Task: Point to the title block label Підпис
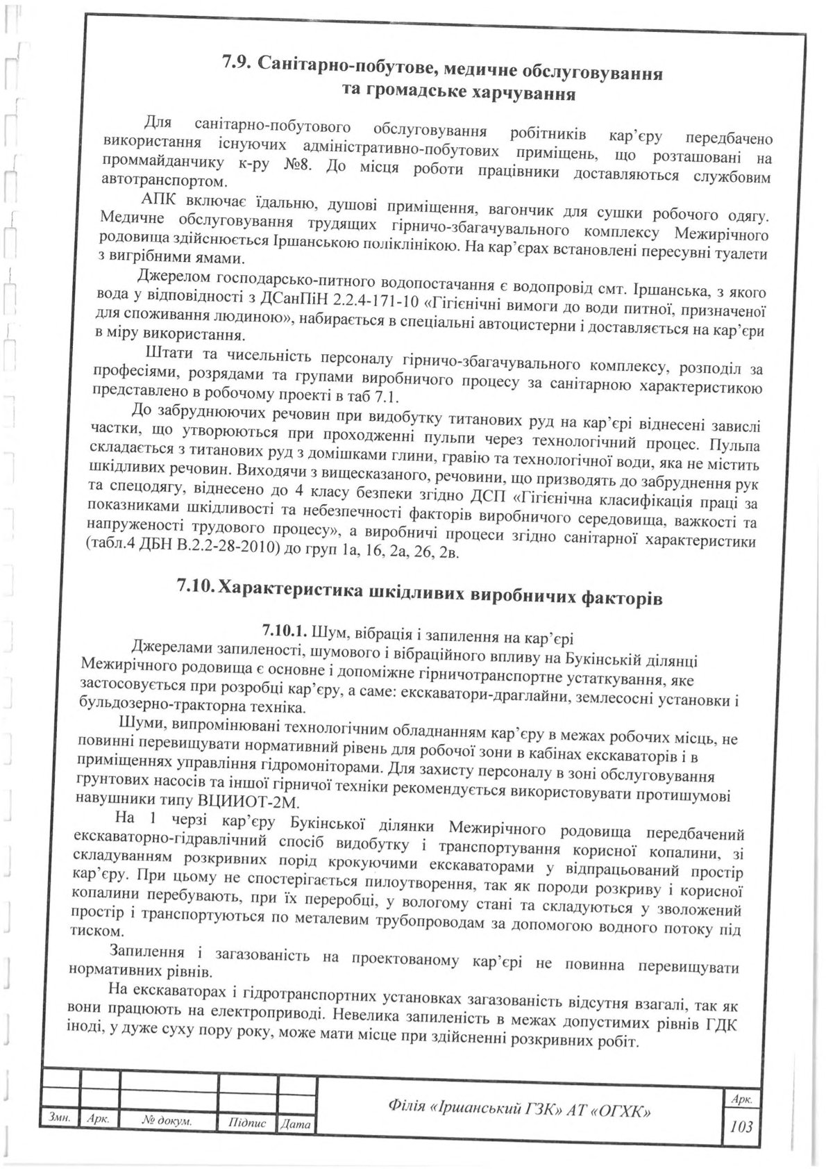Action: tap(247, 1121)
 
